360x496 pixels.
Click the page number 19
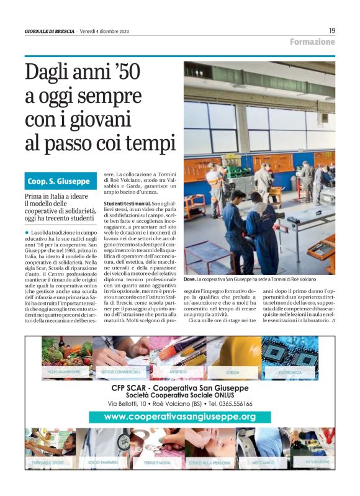[331, 30]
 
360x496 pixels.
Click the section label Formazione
[312, 42]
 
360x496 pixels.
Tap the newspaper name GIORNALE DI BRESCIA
[50, 31]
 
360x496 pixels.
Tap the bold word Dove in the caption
[190, 280]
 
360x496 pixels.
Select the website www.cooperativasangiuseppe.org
[179, 417]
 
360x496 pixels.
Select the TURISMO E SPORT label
[48, 463]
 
